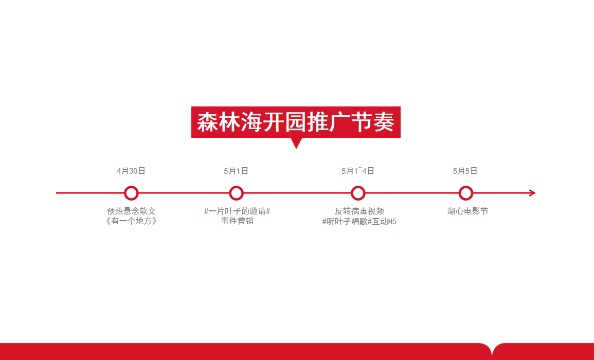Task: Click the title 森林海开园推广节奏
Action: (x=296, y=122)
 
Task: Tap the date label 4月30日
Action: (x=131, y=171)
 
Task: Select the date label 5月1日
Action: (x=236, y=171)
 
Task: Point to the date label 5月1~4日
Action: (x=357, y=171)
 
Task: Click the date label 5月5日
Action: (x=465, y=171)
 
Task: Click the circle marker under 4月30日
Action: (x=131, y=187)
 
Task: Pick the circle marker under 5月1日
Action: (x=236, y=187)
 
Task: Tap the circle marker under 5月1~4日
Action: (x=358, y=187)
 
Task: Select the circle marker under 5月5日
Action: (x=465, y=187)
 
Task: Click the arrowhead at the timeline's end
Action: (x=533, y=193)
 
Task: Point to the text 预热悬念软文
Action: (x=132, y=211)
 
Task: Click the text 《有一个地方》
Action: (x=131, y=221)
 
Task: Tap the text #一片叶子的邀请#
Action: (x=237, y=211)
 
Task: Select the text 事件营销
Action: (x=237, y=221)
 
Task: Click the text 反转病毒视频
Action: (x=359, y=211)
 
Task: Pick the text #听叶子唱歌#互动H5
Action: (x=359, y=221)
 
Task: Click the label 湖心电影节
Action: (x=467, y=211)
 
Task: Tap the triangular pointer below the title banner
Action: (x=296, y=142)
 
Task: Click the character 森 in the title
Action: (x=208, y=122)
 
